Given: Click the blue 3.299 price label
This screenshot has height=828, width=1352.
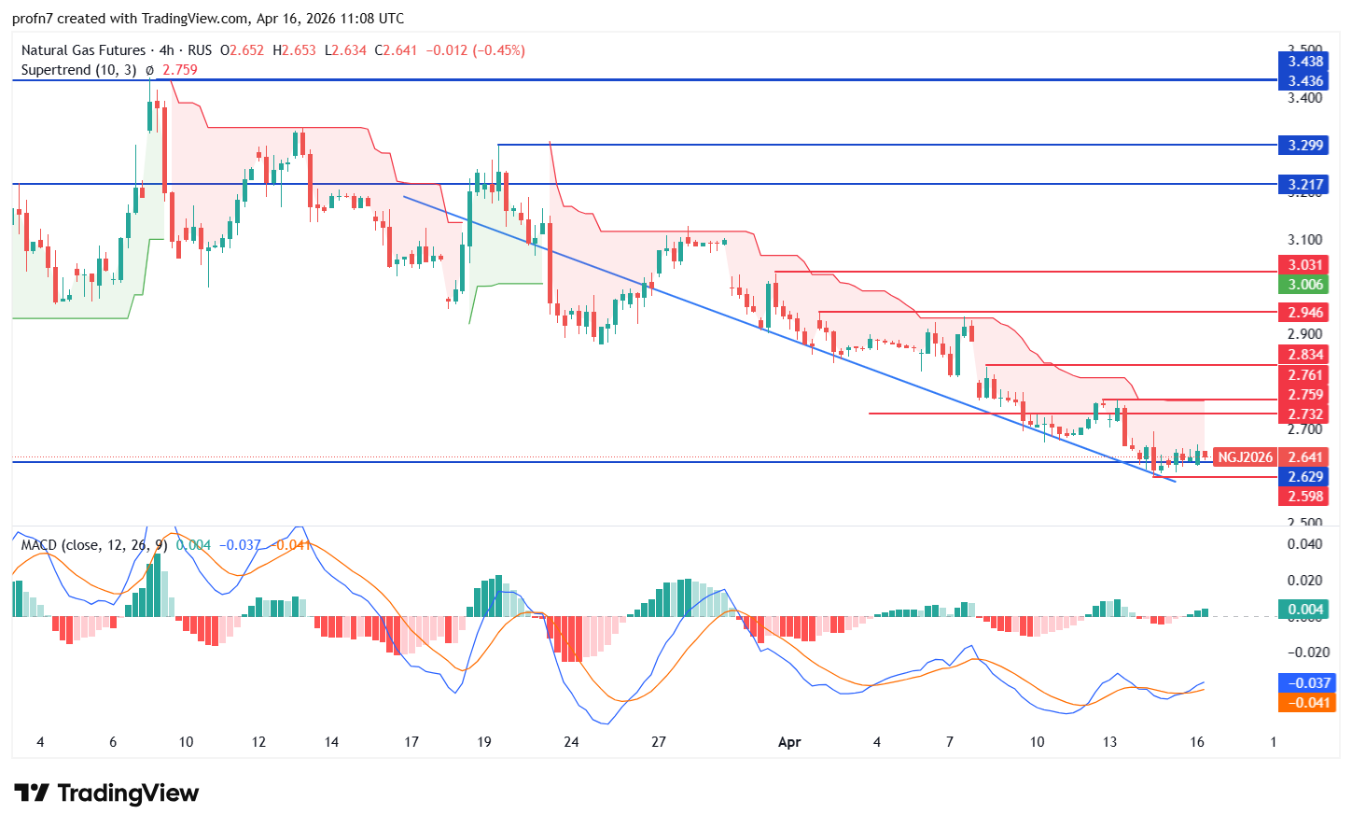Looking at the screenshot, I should (x=1304, y=145).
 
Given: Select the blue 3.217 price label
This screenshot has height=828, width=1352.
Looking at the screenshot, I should (x=1304, y=184).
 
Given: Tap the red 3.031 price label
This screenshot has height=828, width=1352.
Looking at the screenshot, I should (x=1304, y=265).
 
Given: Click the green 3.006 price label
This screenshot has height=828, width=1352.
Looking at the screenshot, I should (x=1304, y=285).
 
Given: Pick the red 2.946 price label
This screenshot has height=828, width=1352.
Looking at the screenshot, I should (x=1304, y=313).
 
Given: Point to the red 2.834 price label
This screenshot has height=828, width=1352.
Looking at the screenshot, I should (x=1304, y=355).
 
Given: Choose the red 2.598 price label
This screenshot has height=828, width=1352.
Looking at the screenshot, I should (x=1304, y=497).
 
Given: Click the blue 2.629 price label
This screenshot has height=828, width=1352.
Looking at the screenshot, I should (x=1304, y=477).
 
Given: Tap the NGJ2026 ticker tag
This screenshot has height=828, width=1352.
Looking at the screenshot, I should (x=1245, y=457).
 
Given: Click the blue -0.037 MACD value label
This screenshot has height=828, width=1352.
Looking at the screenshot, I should (x=1309, y=682).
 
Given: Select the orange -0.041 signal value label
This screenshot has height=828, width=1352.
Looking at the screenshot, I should (x=1309, y=702).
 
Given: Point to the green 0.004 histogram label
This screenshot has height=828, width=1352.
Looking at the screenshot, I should (x=1304, y=610).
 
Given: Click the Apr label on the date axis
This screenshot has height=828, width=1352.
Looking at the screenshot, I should (x=789, y=742).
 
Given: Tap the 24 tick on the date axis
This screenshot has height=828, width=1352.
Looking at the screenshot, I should (x=571, y=742).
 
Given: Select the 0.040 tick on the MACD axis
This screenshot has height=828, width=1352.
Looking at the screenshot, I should (x=1304, y=543).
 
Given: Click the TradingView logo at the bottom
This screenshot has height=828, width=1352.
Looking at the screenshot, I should (x=107, y=793).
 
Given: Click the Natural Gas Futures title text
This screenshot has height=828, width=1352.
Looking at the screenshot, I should (x=83, y=50).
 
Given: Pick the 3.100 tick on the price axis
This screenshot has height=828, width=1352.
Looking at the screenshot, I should (x=1304, y=240).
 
